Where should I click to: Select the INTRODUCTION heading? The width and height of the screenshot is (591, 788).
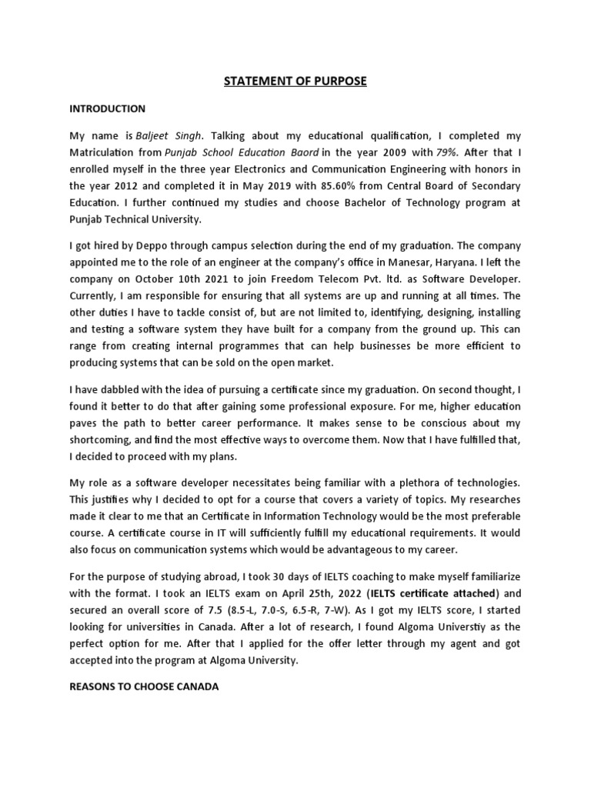pyautogui.click(x=107, y=109)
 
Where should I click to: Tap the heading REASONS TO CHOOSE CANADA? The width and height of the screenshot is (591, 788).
pyautogui.click(x=144, y=686)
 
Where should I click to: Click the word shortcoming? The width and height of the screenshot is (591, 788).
pyautogui.click(x=102, y=439)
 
